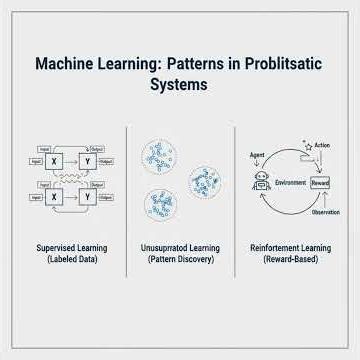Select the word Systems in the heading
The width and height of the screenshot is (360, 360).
(180, 85)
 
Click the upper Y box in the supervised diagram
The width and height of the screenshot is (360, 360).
(89, 160)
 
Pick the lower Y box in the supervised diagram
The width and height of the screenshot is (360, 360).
(89, 197)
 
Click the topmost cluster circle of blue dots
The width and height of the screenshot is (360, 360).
(161, 154)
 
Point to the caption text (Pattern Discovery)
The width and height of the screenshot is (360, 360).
(180, 260)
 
